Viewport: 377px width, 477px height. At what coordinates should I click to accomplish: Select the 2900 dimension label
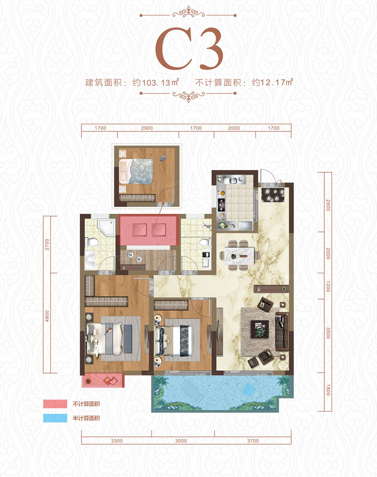click(147, 128)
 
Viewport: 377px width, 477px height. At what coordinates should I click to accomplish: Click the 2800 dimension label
click(328, 205)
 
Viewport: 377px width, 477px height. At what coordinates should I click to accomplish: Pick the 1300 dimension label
click(328, 286)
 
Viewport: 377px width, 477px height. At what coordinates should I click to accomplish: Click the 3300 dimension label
click(117, 441)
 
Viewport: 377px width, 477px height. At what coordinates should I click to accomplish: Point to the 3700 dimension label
click(253, 441)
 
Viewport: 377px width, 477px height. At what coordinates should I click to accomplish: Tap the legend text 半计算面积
click(86, 418)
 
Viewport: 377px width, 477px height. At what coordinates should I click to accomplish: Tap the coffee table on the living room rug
click(258, 326)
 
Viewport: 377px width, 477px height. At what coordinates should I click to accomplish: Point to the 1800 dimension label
click(328, 390)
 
